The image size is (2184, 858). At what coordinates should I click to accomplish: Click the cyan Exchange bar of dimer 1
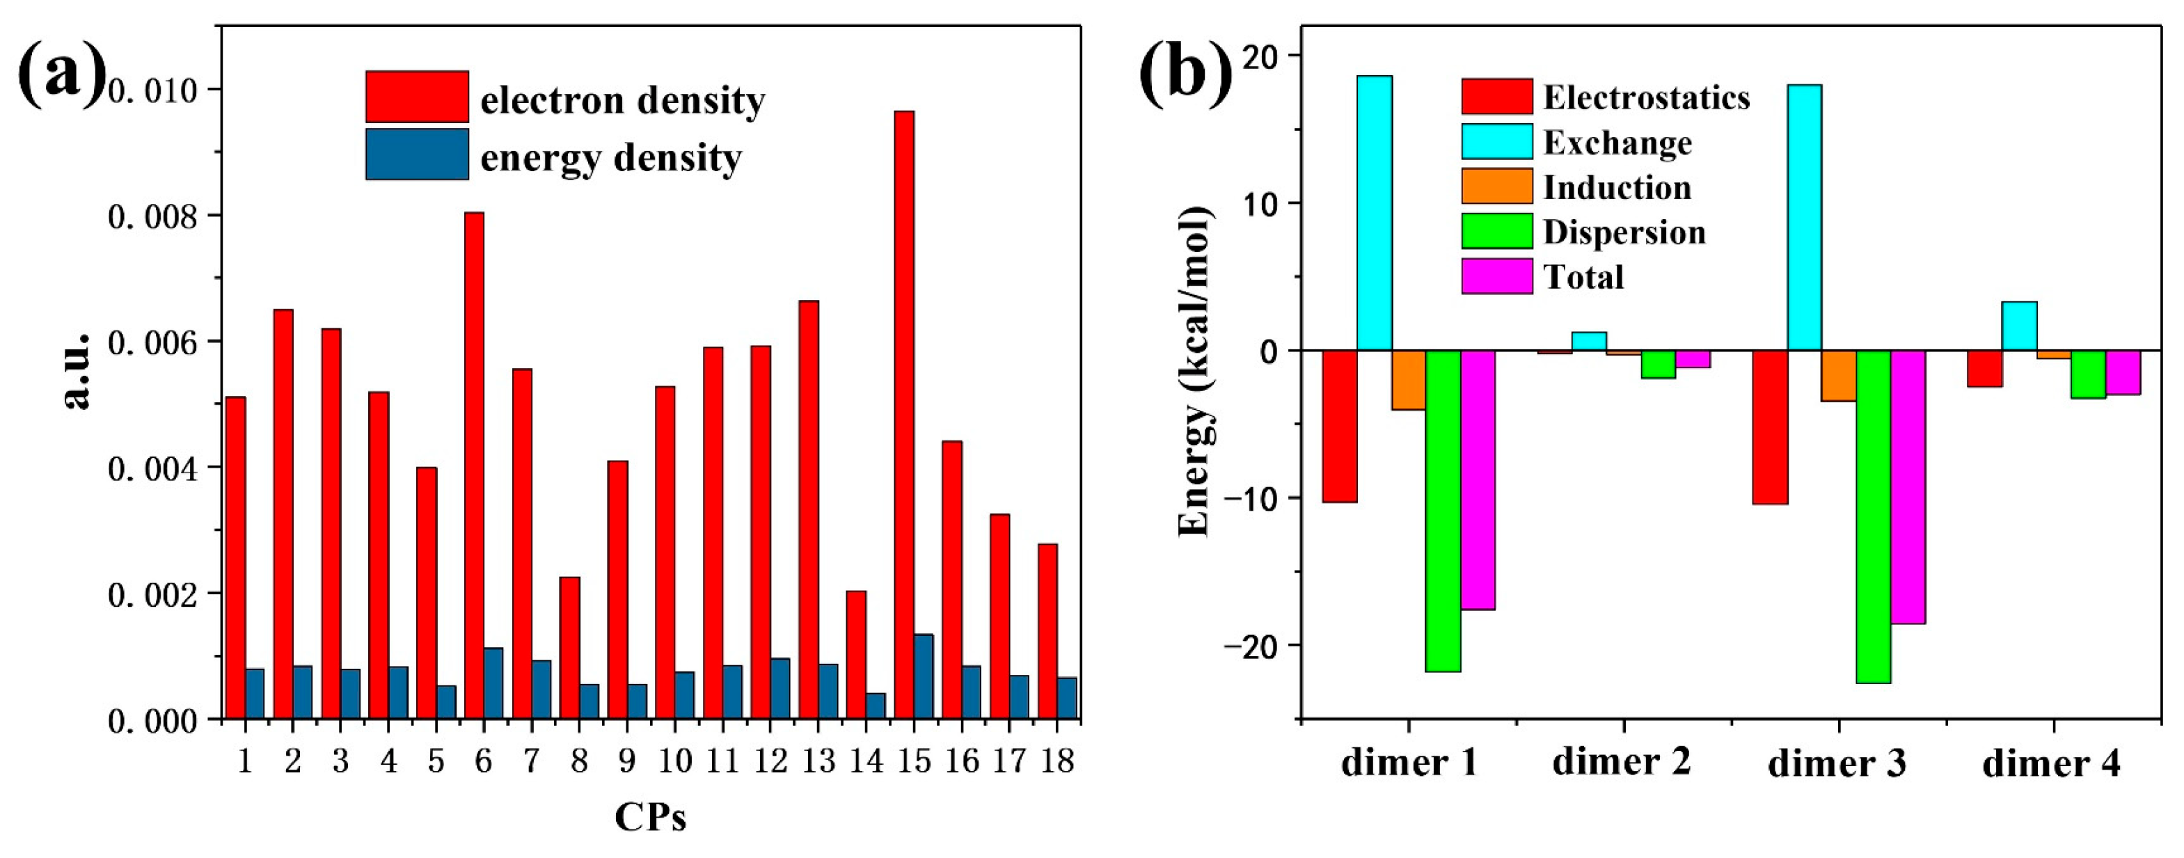[1375, 213]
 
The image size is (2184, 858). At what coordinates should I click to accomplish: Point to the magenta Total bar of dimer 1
[1478, 479]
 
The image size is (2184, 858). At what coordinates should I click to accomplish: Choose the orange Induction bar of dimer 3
[1838, 376]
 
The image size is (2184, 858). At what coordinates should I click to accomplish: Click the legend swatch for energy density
[417, 154]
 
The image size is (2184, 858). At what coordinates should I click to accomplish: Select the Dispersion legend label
[1624, 232]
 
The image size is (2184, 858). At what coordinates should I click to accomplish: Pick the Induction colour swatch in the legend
[1496, 186]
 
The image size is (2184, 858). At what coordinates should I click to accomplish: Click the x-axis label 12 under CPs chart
[770, 761]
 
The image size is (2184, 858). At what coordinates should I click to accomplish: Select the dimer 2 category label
[1621, 761]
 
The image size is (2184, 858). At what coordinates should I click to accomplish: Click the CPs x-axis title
[650, 818]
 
